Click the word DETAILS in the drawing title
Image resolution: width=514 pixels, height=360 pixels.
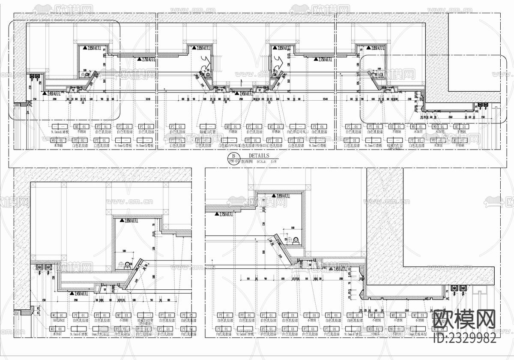[x=259, y=156]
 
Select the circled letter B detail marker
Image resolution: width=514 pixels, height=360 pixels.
[x=233, y=156]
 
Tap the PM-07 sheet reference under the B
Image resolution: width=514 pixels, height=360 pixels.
[x=233, y=162]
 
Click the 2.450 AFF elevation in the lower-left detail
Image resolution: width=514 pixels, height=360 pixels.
[x=81, y=294]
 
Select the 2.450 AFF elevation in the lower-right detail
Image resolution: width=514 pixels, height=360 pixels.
[x=342, y=269]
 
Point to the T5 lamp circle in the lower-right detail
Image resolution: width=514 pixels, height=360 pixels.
[x=295, y=240]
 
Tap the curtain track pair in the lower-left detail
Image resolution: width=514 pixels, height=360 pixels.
[x=44, y=268]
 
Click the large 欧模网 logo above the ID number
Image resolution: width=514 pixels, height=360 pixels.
[x=465, y=319]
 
